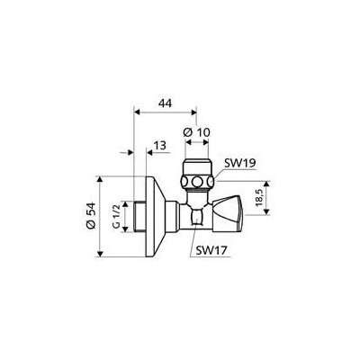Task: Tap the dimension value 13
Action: click(x=158, y=146)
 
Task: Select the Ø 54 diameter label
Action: click(x=92, y=215)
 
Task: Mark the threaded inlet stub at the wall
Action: click(x=128, y=216)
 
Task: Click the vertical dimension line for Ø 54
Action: click(x=101, y=215)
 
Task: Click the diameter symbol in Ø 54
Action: click(x=92, y=226)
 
